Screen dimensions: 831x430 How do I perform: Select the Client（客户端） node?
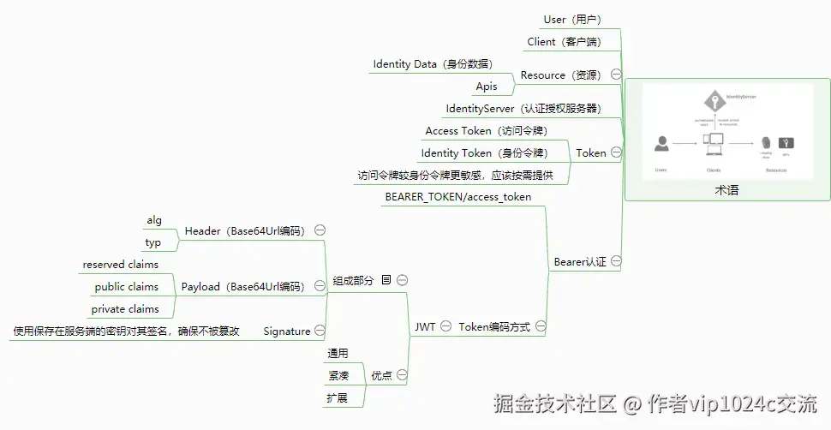point(564,41)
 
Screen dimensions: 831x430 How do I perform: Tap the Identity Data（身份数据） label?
point(432,64)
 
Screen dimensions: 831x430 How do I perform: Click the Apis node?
point(487,87)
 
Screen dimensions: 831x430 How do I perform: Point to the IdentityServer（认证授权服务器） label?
point(523,109)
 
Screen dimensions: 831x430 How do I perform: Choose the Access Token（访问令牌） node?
point(486,131)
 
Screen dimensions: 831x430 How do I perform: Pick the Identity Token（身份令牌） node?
point(484,153)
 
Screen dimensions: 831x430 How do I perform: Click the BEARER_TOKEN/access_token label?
point(458,197)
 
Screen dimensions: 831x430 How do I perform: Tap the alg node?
point(154,220)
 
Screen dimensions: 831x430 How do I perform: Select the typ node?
point(153,242)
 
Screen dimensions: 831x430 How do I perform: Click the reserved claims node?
point(121,265)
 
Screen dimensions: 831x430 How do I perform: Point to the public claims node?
point(127,287)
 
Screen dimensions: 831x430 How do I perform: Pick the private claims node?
point(125,309)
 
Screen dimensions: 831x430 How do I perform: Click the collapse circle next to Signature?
point(320,331)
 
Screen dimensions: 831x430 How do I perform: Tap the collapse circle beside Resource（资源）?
point(616,75)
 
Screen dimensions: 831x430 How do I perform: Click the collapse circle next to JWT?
point(446,326)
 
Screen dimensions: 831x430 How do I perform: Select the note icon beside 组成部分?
point(386,280)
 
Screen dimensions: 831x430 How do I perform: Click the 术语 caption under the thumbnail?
point(726,190)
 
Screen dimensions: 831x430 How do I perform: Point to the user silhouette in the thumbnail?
point(661,144)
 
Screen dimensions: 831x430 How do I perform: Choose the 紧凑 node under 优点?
point(338,375)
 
